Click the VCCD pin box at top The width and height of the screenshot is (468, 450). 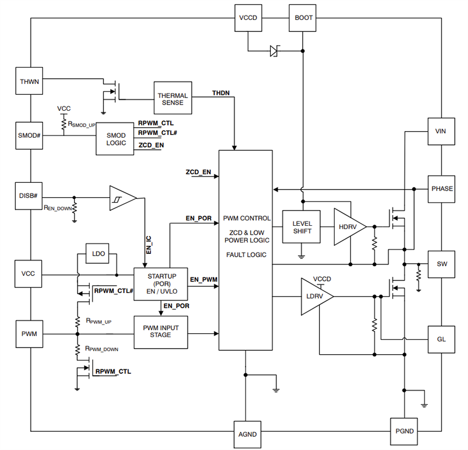click(x=248, y=18)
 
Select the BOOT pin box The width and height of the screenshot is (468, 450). click(x=303, y=18)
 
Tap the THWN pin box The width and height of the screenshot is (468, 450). click(x=30, y=82)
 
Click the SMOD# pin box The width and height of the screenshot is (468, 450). click(x=30, y=135)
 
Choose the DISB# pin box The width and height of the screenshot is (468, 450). click(x=30, y=196)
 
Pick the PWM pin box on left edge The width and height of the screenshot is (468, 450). click(x=30, y=334)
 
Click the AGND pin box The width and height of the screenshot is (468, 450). click(x=248, y=434)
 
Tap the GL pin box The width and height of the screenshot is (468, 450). click(x=442, y=339)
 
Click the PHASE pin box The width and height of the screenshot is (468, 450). click(x=442, y=189)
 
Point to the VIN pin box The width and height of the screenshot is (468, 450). click(x=442, y=132)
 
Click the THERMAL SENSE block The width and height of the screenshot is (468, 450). click(x=173, y=99)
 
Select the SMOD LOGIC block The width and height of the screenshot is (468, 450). click(x=116, y=139)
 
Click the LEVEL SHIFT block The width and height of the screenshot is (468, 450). click(x=302, y=227)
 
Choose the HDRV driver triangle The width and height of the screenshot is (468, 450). click(x=347, y=227)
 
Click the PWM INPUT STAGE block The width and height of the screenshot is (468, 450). click(x=161, y=332)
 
